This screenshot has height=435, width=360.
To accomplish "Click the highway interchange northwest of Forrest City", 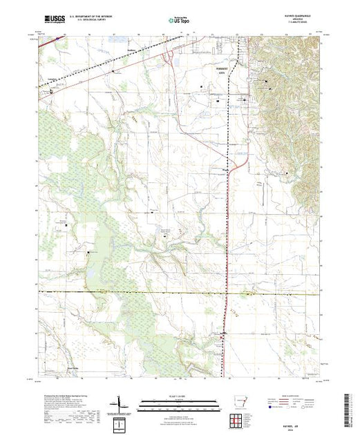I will (170, 58).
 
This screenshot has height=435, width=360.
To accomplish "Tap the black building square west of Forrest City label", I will (201, 86).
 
